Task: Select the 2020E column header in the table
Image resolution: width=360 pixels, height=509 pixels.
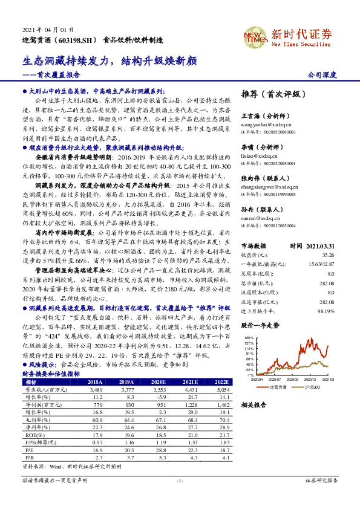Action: [159, 382]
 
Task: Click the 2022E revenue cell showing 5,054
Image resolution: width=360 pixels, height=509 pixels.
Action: [222, 390]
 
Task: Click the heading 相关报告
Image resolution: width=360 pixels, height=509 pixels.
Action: [253, 404]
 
